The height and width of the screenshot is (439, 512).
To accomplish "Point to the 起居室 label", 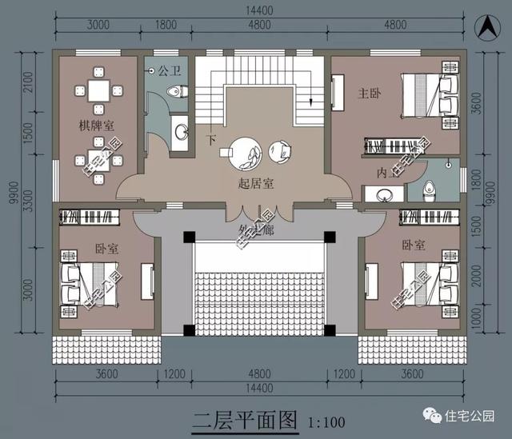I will [x=256, y=184].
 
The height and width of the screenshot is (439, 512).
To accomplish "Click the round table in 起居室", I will [x=245, y=152].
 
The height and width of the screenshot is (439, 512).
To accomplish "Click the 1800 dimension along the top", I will [x=166, y=25].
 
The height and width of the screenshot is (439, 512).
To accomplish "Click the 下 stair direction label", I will [x=212, y=140].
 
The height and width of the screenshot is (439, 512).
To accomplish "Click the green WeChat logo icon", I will [x=434, y=416].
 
